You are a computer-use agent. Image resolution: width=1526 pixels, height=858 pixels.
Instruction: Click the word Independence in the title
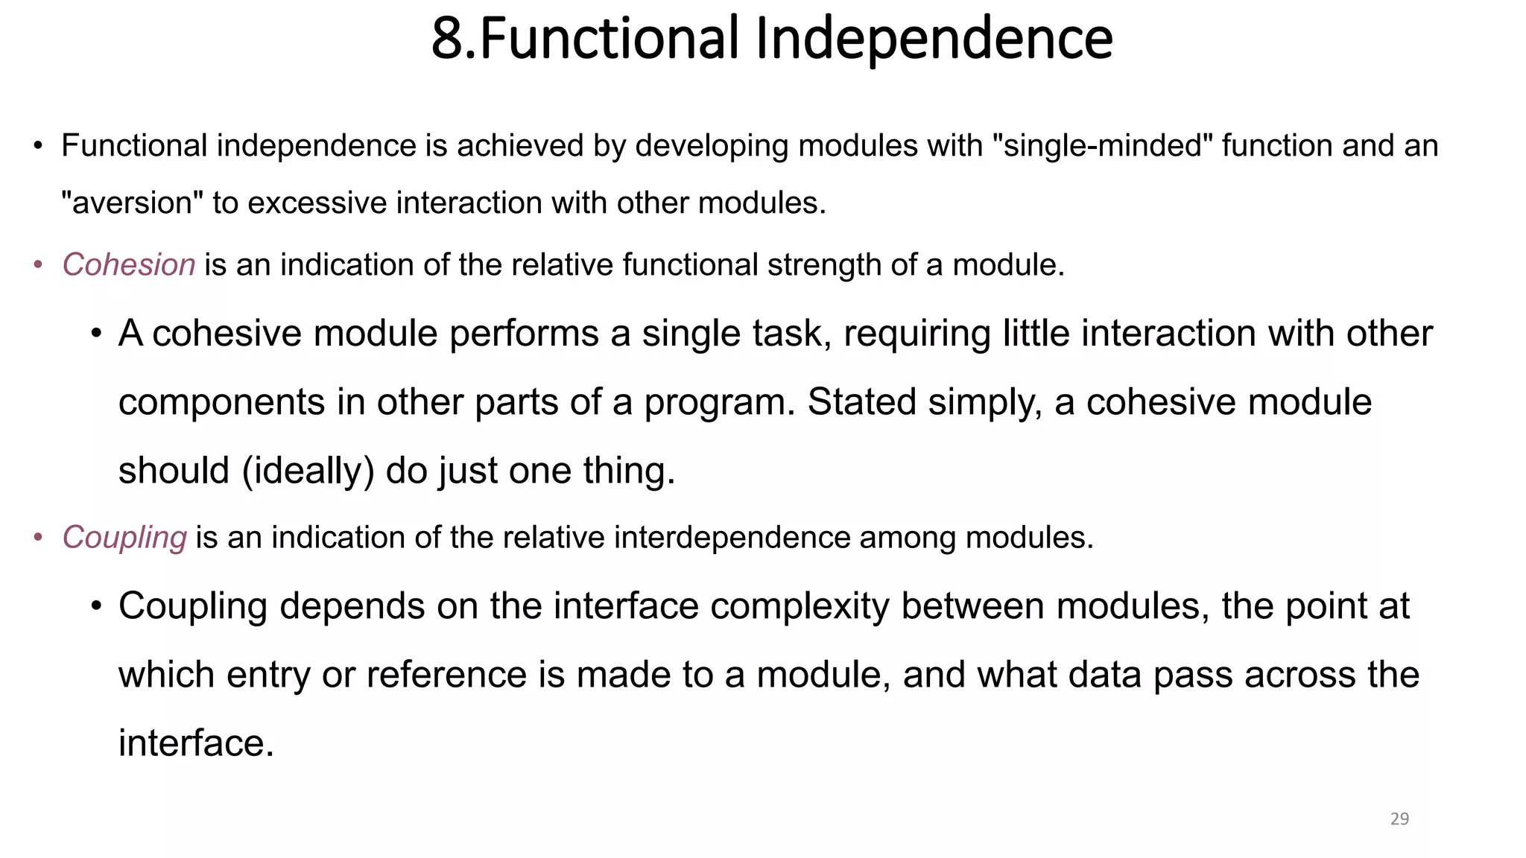(x=934, y=39)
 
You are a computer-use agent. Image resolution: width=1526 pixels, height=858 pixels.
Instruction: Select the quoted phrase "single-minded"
(x=1103, y=145)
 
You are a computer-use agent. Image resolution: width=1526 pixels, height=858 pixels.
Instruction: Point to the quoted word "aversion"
(x=132, y=203)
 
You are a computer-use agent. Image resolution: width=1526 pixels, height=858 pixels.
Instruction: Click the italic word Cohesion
(x=128, y=265)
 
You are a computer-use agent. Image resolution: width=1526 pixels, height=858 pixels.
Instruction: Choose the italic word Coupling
(x=124, y=538)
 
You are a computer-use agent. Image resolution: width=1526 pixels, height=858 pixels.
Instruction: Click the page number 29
(x=1399, y=819)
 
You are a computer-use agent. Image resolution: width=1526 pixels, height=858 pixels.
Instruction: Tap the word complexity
(x=800, y=606)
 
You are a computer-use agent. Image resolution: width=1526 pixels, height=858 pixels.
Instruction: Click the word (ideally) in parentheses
(x=308, y=471)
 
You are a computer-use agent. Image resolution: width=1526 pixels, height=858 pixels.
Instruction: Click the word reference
(x=446, y=675)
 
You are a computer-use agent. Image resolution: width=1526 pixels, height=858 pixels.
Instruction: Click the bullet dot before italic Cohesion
(x=38, y=266)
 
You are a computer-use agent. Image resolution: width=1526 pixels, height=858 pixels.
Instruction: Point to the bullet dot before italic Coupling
(x=38, y=538)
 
